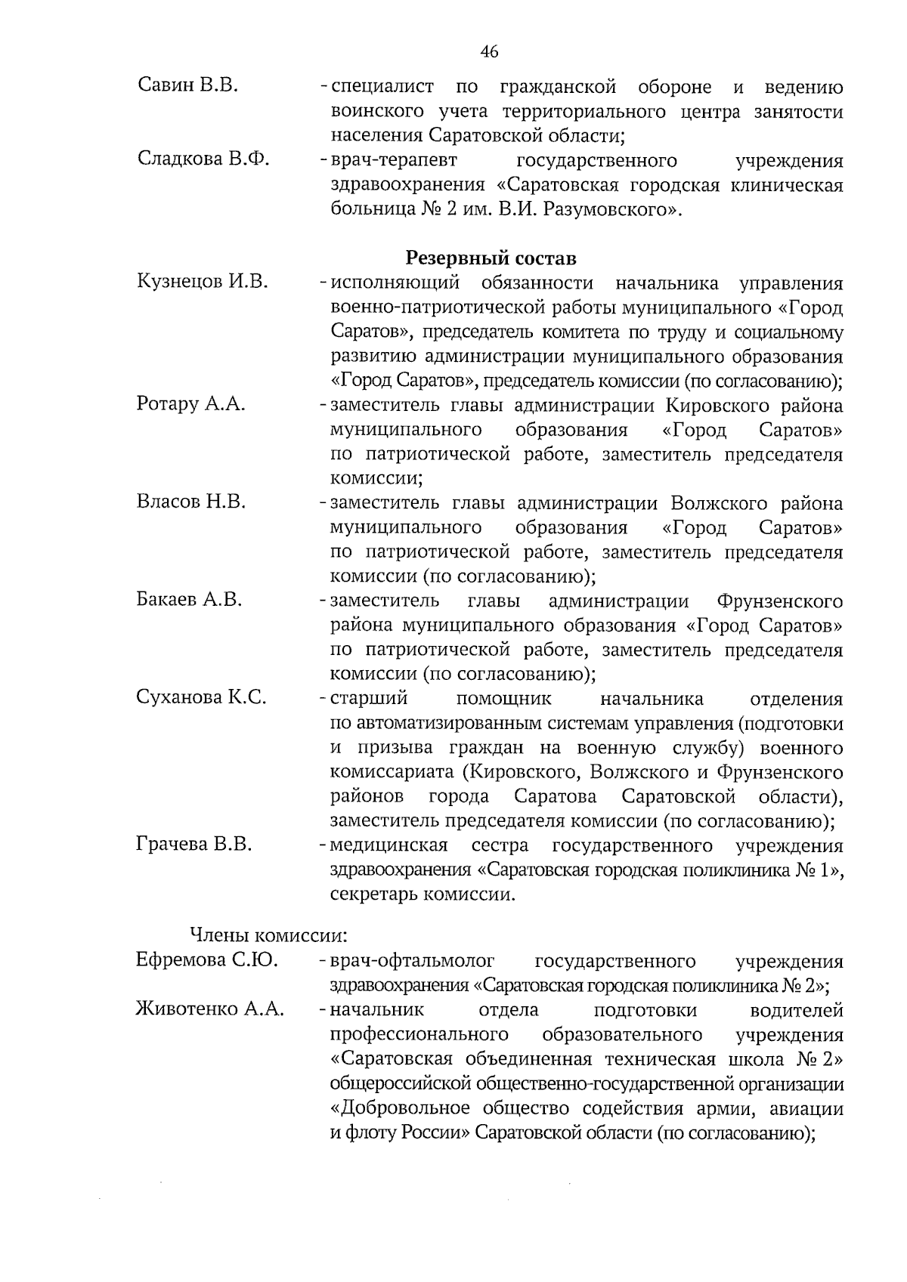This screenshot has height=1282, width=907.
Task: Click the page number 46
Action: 489,51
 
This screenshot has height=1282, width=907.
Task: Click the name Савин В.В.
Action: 189,85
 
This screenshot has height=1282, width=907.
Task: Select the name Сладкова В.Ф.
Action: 204,159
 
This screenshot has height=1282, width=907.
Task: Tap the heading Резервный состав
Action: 491,258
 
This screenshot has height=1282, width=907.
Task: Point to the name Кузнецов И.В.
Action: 203,282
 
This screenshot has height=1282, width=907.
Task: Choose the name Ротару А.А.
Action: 191,404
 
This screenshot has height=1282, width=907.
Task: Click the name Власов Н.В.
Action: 191,502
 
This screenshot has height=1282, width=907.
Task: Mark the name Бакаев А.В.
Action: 189,600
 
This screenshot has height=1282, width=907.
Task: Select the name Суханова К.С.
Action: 201,697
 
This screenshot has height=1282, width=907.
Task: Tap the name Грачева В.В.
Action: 194,844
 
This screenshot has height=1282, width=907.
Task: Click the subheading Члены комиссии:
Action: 268,935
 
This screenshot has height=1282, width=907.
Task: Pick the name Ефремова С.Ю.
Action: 206,960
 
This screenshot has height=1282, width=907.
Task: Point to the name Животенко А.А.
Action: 210,1009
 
